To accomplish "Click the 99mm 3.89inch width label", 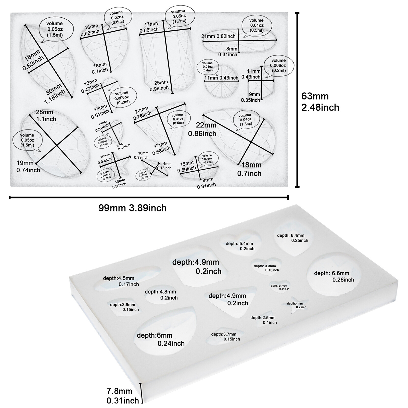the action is [x=132, y=208].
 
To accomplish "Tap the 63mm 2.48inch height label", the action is [x=320, y=102].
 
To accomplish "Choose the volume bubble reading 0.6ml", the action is [x=118, y=17].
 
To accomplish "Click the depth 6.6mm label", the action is [x=334, y=276].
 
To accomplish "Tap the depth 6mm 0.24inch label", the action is [x=161, y=339].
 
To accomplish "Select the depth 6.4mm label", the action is [x=292, y=238].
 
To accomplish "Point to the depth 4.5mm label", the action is [x=121, y=281].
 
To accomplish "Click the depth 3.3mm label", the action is [x=266, y=268].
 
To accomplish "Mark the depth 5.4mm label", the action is [x=240, y=246].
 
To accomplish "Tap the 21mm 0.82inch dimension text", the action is [x=218, y=36].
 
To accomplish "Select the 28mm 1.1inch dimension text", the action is [x=45, y=116].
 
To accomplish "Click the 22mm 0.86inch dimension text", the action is [x=202, y=129].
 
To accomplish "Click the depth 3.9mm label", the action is [x=124, y=307].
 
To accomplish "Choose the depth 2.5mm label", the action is [x=263, y=320].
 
